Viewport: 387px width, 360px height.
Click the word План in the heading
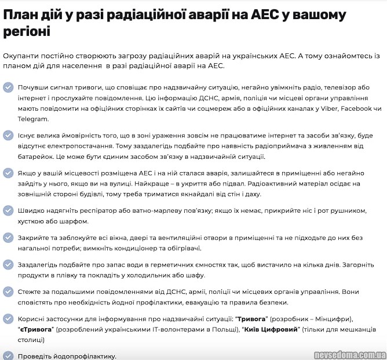[x=20, y=14]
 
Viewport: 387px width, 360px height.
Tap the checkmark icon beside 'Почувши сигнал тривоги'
[x=8, y=88]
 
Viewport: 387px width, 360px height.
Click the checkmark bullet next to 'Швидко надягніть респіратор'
[x=8, y=210]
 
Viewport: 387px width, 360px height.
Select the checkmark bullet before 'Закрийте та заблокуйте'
[x=8, y=238]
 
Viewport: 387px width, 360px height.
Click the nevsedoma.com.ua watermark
[x=348, y=354]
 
